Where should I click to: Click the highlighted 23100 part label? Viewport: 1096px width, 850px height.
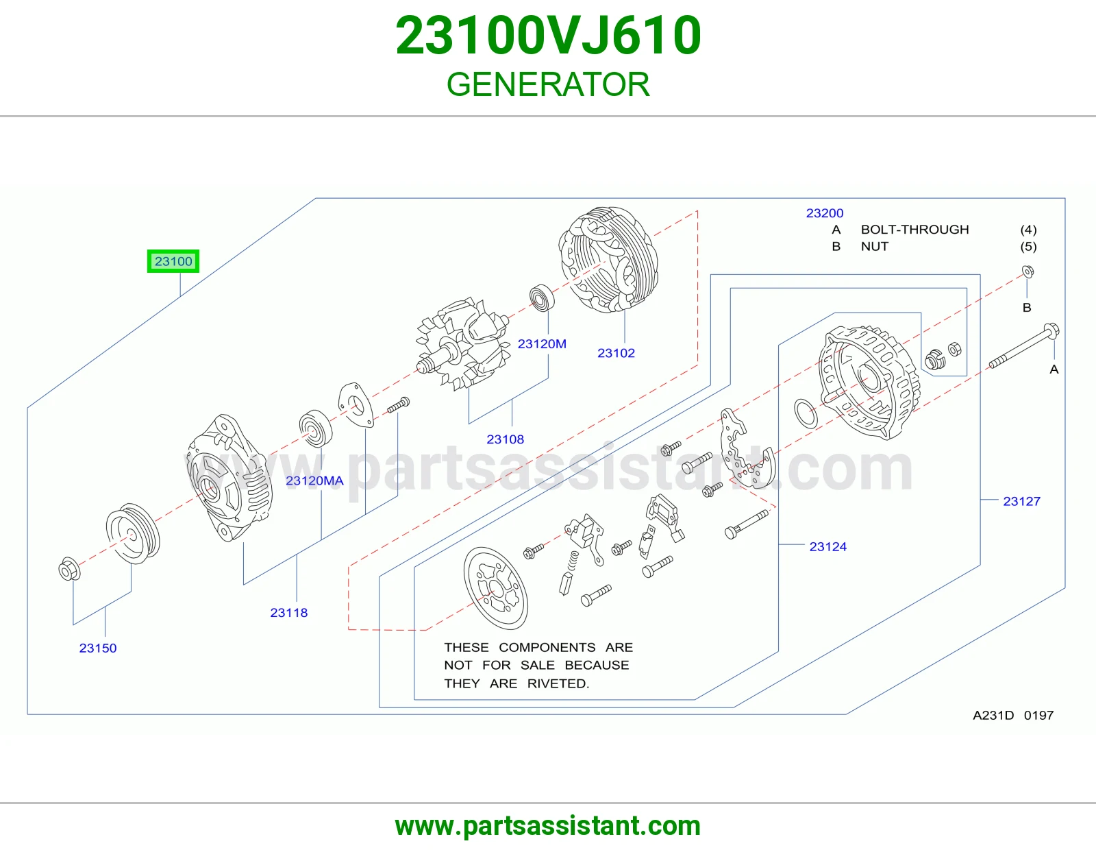(x=173, y=261)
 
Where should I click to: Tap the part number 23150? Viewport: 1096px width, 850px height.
(x=98, y=648)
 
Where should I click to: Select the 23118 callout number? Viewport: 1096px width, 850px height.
(x=289, y=613)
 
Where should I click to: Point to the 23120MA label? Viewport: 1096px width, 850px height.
(x=314, y=481)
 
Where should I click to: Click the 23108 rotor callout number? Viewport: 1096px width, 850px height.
(x=506, y=439)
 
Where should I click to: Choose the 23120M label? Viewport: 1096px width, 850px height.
(x=543, y=343)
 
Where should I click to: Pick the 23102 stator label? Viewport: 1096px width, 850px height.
(x=616, y=353)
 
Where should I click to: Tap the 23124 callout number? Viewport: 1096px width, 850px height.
(x=828, y=546)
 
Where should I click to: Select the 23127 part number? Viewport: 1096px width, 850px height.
(x=1022, y=501)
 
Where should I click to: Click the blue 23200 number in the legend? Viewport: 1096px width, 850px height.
(x=825, y=213)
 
